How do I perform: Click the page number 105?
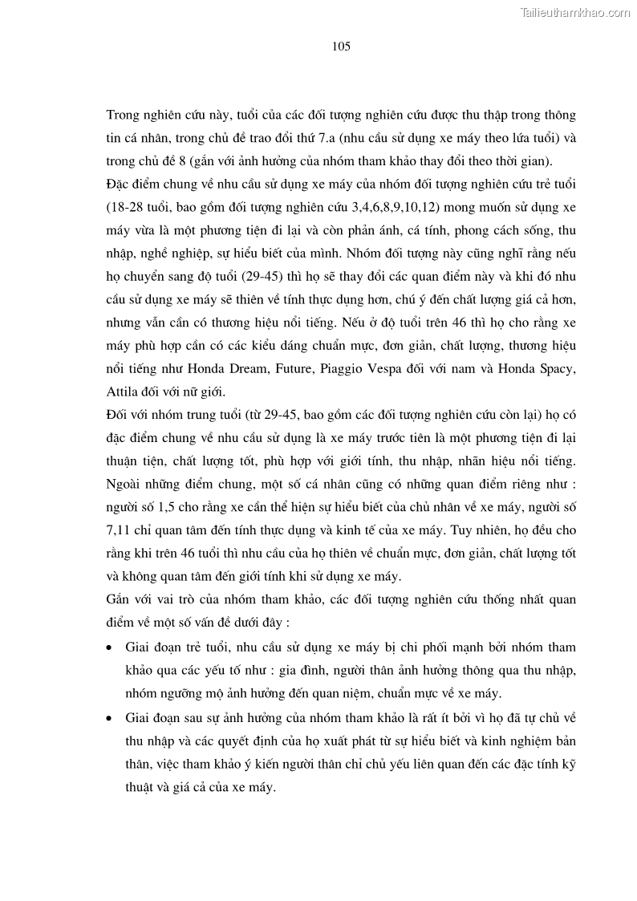(x=341, y=47)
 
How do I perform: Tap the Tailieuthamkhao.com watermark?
(x=575, y=12)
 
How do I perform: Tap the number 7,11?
(x=120, y=530)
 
